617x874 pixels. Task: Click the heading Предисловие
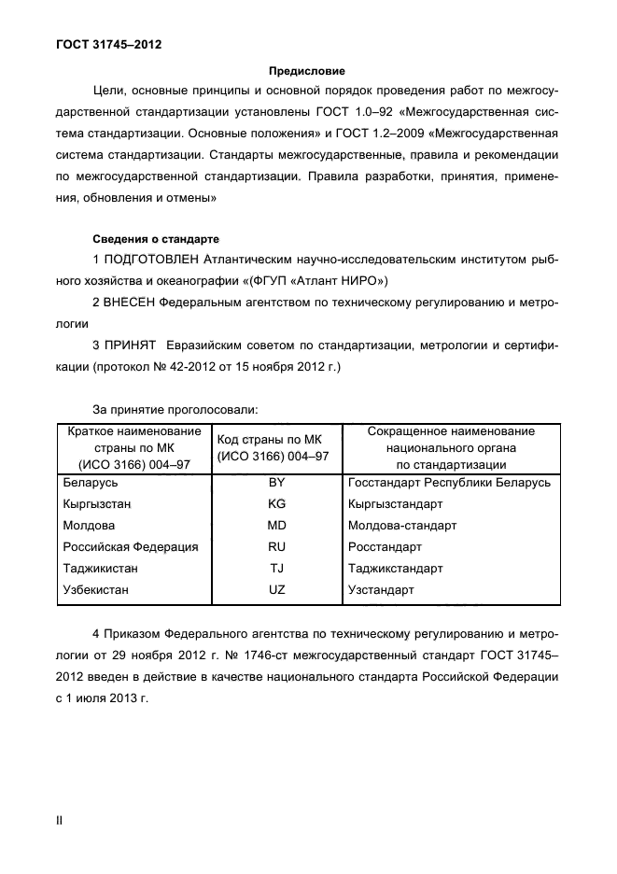click(x=307, y=70)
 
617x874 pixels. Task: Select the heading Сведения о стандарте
click(x=155, y=238)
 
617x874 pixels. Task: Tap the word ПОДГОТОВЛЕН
click(x=161, y=259)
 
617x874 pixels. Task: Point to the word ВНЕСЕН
click(x=130, y=303)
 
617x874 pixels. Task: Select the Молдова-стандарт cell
click(x=402, y=526)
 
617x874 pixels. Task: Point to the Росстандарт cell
click(x=385, y=547)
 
